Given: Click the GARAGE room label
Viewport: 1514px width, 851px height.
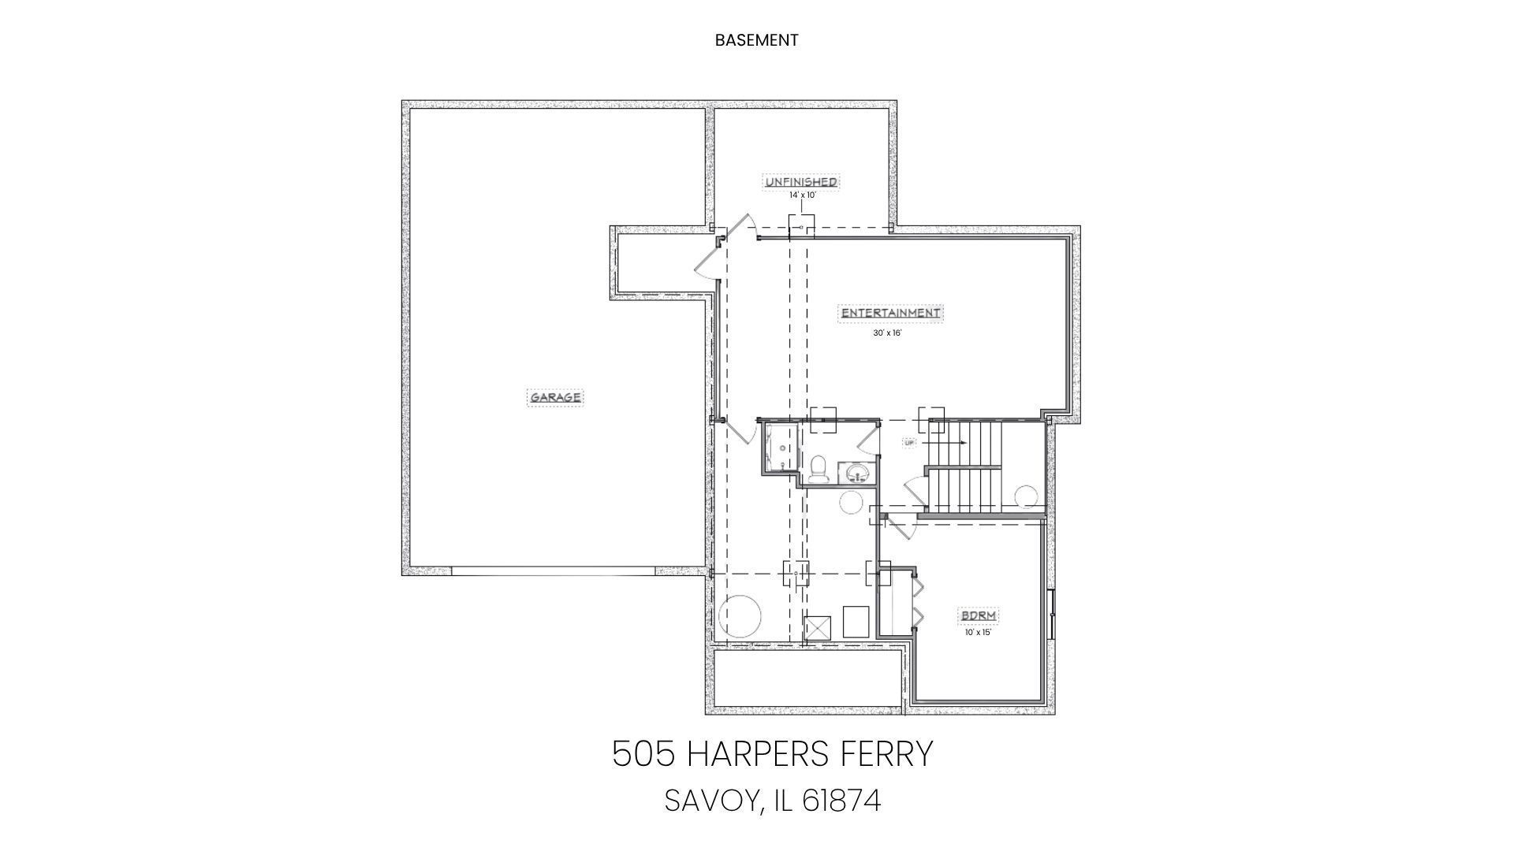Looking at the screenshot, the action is click(556, 397).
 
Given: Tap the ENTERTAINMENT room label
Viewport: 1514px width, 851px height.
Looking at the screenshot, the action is click(891, 313).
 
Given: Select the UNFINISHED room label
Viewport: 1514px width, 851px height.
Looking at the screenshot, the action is click(801, 182).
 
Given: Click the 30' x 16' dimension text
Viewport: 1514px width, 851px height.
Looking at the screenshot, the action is click(887, 333).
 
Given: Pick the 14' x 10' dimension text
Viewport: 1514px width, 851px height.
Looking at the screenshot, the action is click(802, 195).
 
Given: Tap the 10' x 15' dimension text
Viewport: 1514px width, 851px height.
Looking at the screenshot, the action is click(977, 632).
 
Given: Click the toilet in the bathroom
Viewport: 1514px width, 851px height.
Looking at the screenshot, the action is click(818, 468).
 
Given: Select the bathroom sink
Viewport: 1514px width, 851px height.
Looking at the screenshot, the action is click(856, 473).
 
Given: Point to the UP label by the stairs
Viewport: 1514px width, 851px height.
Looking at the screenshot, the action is click(909, 443).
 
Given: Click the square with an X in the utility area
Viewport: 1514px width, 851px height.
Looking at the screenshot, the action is click(818, 629).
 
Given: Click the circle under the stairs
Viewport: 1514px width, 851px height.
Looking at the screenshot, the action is click(1027, 497).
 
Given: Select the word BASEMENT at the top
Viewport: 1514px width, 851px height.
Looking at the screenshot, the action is click(757, 40).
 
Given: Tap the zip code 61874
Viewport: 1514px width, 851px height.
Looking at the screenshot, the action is click(841, 801).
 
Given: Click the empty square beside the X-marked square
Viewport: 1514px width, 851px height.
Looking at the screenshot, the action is click(856, 622).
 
